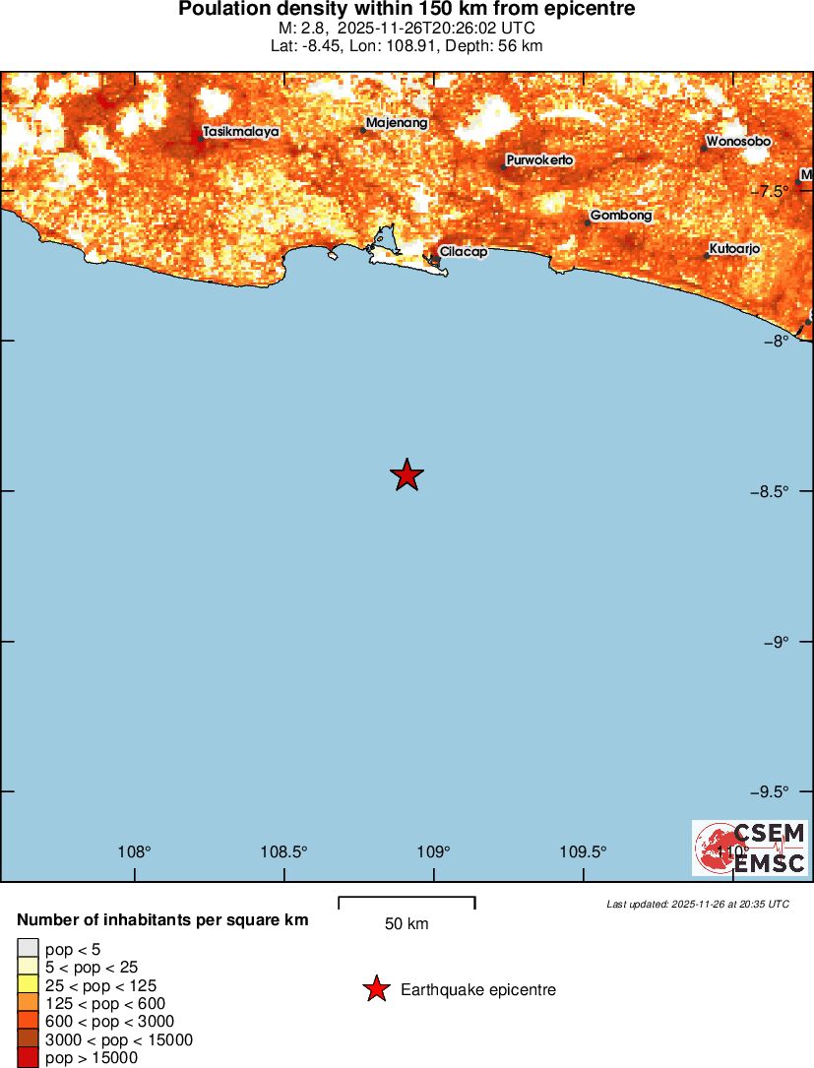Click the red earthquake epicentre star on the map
pos(407,474)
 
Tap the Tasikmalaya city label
pos(240,131)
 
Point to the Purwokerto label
pos(539,159)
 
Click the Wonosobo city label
pos(738,142)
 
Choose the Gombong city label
pos(621,216)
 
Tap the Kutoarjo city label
pos(734,249)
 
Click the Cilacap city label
pos(463,252)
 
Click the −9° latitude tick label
pos(778,642)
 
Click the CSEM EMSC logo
pos(750,848)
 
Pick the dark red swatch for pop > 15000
pos(28,1058)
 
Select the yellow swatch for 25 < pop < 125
pos(28,985)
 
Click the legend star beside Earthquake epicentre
pos(375,989)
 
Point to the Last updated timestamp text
pos(698,904)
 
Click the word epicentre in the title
pos(589,9)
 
